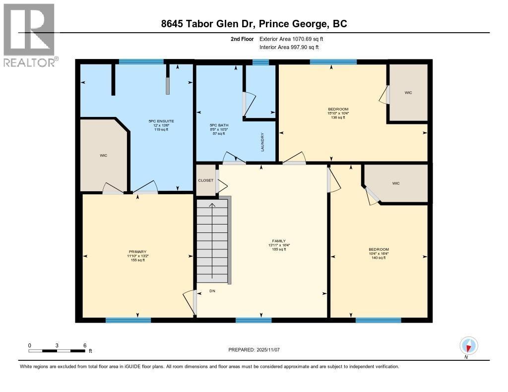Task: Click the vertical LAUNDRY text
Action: point(262,142)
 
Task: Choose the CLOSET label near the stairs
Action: point(205,180)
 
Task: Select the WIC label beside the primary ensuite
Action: point(103,156)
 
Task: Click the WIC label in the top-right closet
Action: point(408,93)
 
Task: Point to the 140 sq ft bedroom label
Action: point(379,253)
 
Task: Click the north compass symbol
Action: point(468,345)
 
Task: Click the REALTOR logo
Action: point(30,35)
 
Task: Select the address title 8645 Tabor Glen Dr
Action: point(254,24)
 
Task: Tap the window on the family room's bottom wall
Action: point(254,320)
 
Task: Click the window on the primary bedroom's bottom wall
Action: point(128,320)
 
